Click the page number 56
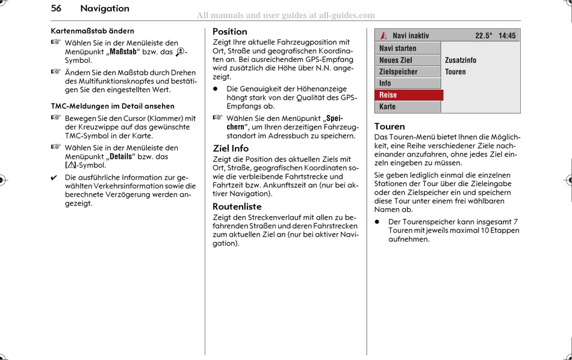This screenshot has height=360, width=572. coord(56,8)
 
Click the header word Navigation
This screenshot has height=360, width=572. coord(105,8)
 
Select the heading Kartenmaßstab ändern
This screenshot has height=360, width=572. coord(92,31)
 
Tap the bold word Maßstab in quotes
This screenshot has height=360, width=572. coord(123,52)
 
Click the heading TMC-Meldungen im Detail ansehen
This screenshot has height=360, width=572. coord(113,106)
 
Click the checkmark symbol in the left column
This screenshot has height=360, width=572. coord(55,178)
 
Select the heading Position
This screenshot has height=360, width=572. coord(229,31)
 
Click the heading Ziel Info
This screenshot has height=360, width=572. coord(231,148)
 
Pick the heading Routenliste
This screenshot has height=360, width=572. coord(237,206)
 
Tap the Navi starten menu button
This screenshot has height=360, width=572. coord(397,48)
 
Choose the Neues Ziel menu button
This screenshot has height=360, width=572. coord(396,60)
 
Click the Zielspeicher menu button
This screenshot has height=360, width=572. coord(398,72)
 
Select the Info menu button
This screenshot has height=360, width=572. coord(385,83)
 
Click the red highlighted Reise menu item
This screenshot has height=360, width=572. coord(388,95)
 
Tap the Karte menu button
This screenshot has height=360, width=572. coord(388,107)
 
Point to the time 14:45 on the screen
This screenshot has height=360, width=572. coord(507,36)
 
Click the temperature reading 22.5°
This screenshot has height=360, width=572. coord(483,36)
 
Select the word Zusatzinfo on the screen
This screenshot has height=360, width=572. coord(461,60)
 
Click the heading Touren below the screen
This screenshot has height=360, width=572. coord(390,126)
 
